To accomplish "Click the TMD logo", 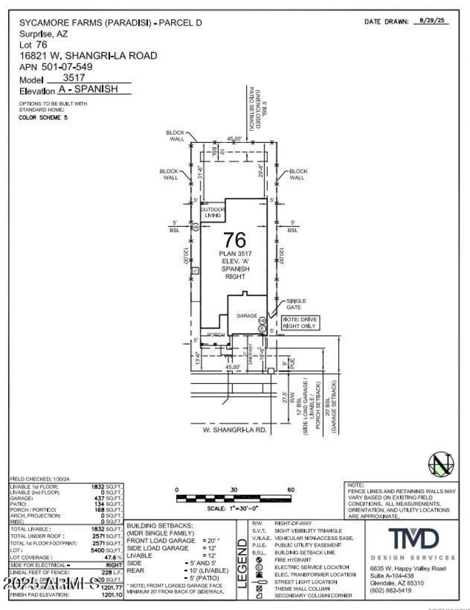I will point(412,538).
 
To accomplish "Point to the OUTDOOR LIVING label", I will point(213,213).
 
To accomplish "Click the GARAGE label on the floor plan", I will point(247,316).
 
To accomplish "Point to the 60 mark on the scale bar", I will point(291,490).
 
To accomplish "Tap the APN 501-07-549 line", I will point(56,67).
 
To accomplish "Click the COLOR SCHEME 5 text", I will point(43,118).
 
